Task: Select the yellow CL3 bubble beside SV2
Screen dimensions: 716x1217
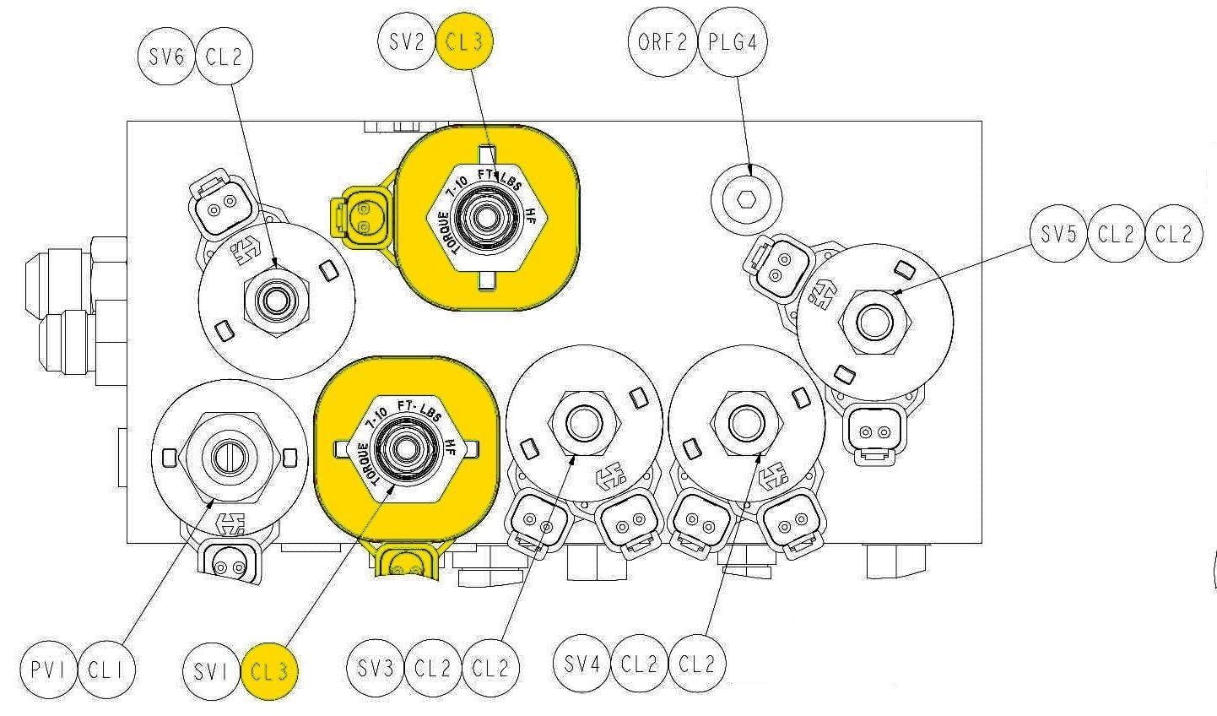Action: point(464,41)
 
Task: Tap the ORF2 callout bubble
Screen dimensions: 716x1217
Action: point(663,41)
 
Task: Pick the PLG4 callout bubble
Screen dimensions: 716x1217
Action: point(733,41)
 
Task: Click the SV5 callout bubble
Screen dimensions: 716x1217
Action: point(1058,234)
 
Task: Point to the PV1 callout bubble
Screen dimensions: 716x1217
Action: point(49,671)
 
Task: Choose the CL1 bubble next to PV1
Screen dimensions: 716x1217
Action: point(107,671)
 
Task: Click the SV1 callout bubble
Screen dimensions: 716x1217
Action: point(211,671)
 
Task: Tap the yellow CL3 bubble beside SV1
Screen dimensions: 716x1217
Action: point(270,671)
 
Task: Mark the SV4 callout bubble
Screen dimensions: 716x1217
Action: point(581,663)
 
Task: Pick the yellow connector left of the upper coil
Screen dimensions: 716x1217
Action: point(360,217)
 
